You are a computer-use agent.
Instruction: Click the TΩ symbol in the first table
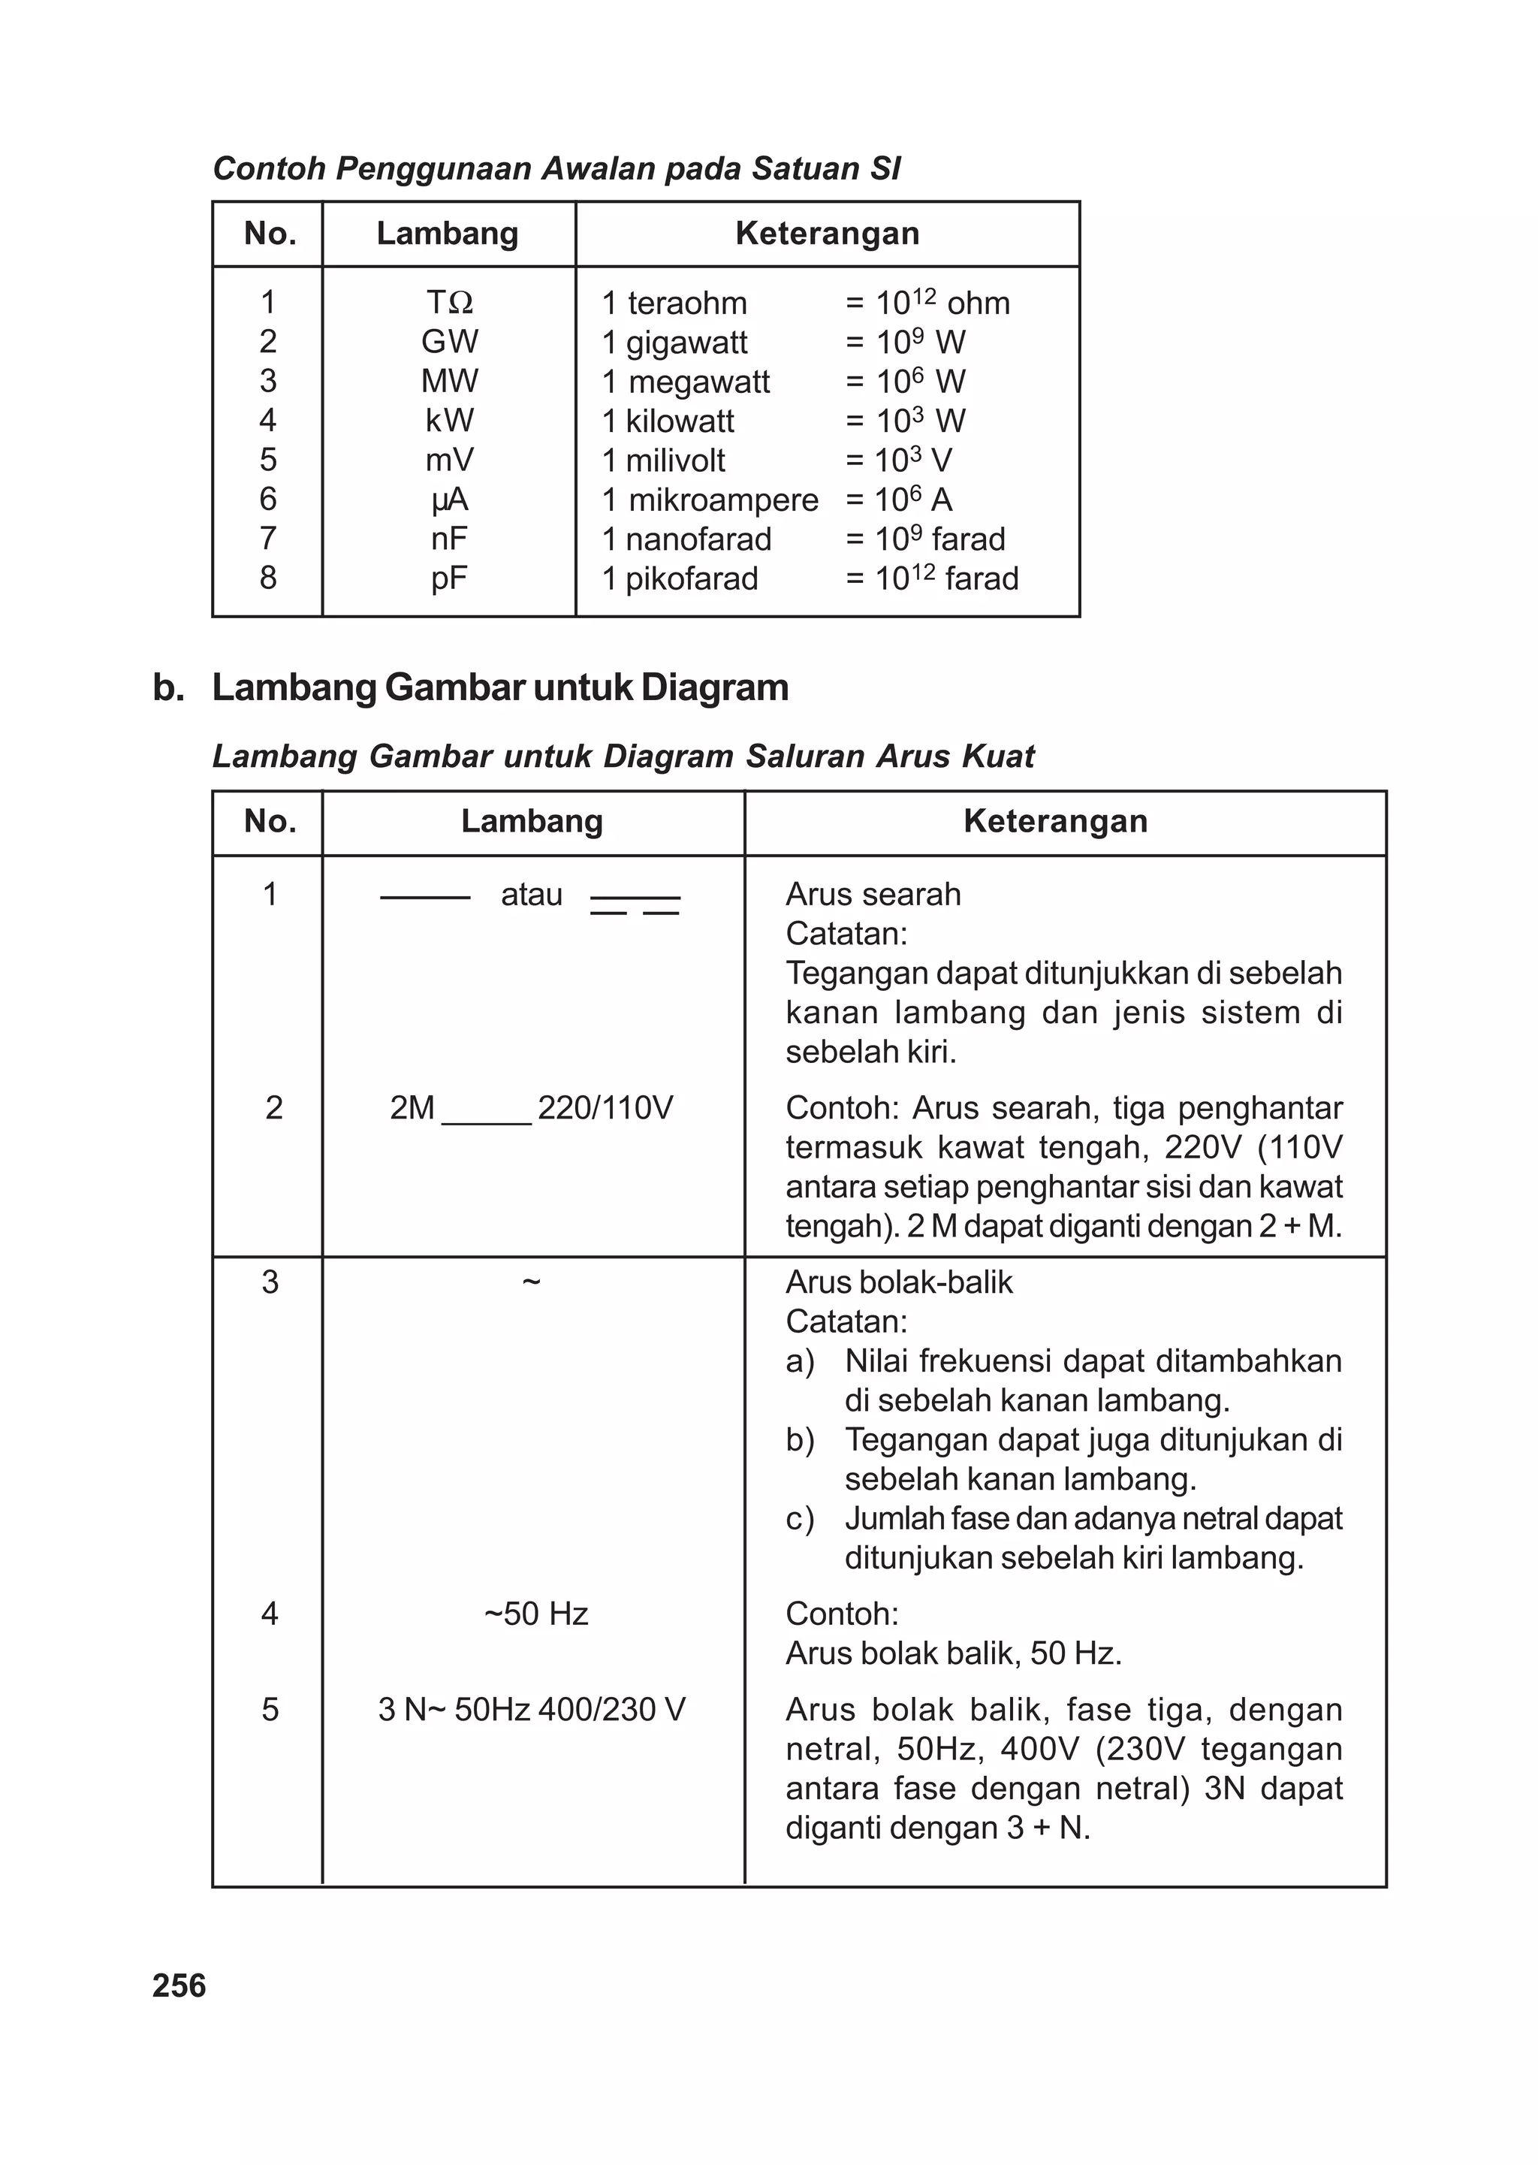(x=449, y=302)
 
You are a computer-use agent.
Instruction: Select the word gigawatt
(x=686, y=342)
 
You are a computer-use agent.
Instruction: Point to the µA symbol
(x=449, y=499)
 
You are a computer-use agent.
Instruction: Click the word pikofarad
(x=692, y=578)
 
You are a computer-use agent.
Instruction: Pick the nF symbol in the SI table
(x=449, y=538)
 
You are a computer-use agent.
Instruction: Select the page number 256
(x=179, y=1985)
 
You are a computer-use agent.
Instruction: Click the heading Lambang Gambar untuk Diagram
(x=500, y=687)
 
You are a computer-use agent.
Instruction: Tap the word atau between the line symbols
(x=531, y=894)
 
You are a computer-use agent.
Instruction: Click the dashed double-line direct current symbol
(x=635, y=904)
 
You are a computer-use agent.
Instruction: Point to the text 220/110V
(x=605, y=1107)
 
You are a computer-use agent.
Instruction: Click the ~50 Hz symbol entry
(x=536, y=1613)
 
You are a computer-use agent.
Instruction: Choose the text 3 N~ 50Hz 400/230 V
(x=531, y=1710)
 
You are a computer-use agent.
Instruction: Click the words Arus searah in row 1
(x=873, y=894)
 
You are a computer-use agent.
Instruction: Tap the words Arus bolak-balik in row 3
(x=899, y=1282)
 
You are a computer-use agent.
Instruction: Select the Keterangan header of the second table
(x=1055, y=821)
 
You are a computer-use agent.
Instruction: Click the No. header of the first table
(x=270, y=233)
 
